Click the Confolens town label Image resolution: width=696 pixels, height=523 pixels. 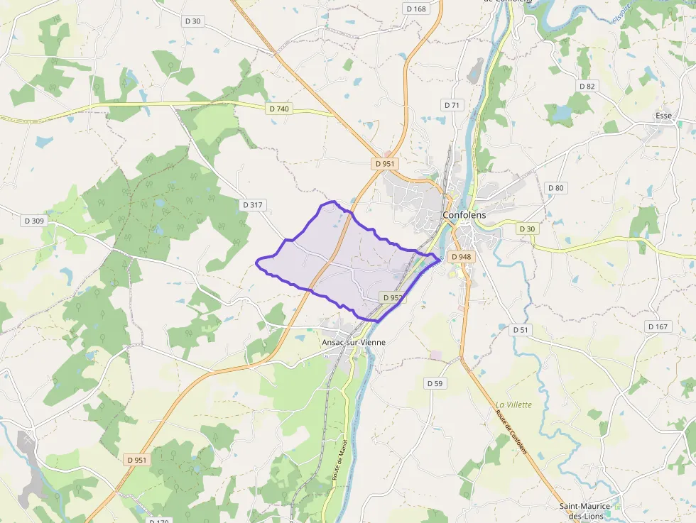coord(464,214)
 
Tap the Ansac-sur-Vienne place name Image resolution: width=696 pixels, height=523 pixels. coord(353,342)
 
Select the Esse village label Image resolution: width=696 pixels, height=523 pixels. coord(664,115)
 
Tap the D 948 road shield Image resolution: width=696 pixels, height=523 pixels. coord(460,257)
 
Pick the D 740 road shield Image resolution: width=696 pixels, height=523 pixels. coord(280,109)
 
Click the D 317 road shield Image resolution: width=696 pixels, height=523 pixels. coord(252,205)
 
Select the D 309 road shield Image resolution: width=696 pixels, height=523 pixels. coord(34,221)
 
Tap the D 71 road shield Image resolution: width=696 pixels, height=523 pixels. coord(452,105)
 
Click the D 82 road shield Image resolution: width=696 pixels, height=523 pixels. coord(587,86)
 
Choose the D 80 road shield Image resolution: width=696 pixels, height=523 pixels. coord(555,188)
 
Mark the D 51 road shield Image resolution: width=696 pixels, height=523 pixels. coord(521,329)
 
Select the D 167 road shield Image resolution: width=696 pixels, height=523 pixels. coord(658,326)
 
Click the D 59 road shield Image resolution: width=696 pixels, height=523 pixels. coord(435,383)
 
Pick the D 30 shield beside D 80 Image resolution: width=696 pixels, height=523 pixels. coord(526,229)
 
